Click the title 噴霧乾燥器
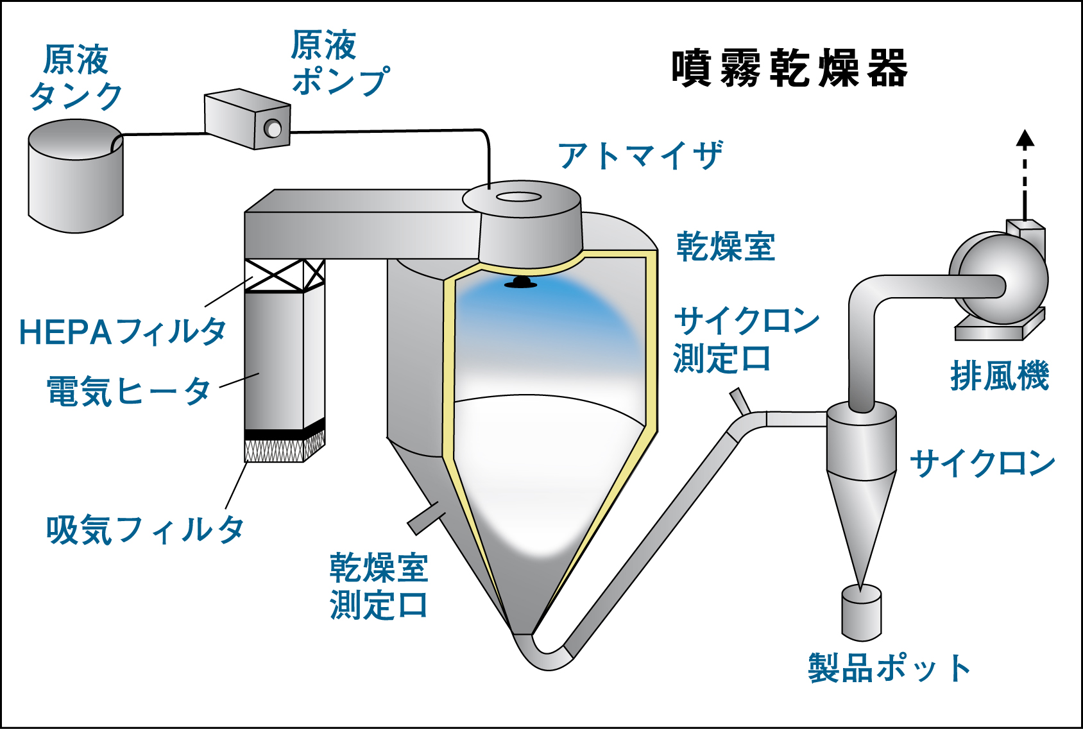click(x=789, y=68)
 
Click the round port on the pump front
click(x=273, y=129)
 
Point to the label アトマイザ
click(x=640, y=156)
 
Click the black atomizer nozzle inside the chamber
click(x=521, y=282)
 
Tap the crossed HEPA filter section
click(x=284, y=275)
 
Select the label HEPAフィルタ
click(x=122, y=332)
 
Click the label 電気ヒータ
click(x=128, y=391)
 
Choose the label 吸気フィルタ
click(x=145, y=530)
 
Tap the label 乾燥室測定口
click(x=379, y=587)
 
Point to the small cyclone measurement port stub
click(x=739, y=401)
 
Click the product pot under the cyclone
click(x=861, y=613)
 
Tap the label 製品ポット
click(x=889, y=668)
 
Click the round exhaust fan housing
click(x=1001, y=279)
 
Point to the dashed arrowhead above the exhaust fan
click(x=1025, y=138)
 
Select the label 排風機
click(x=999, y=376)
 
